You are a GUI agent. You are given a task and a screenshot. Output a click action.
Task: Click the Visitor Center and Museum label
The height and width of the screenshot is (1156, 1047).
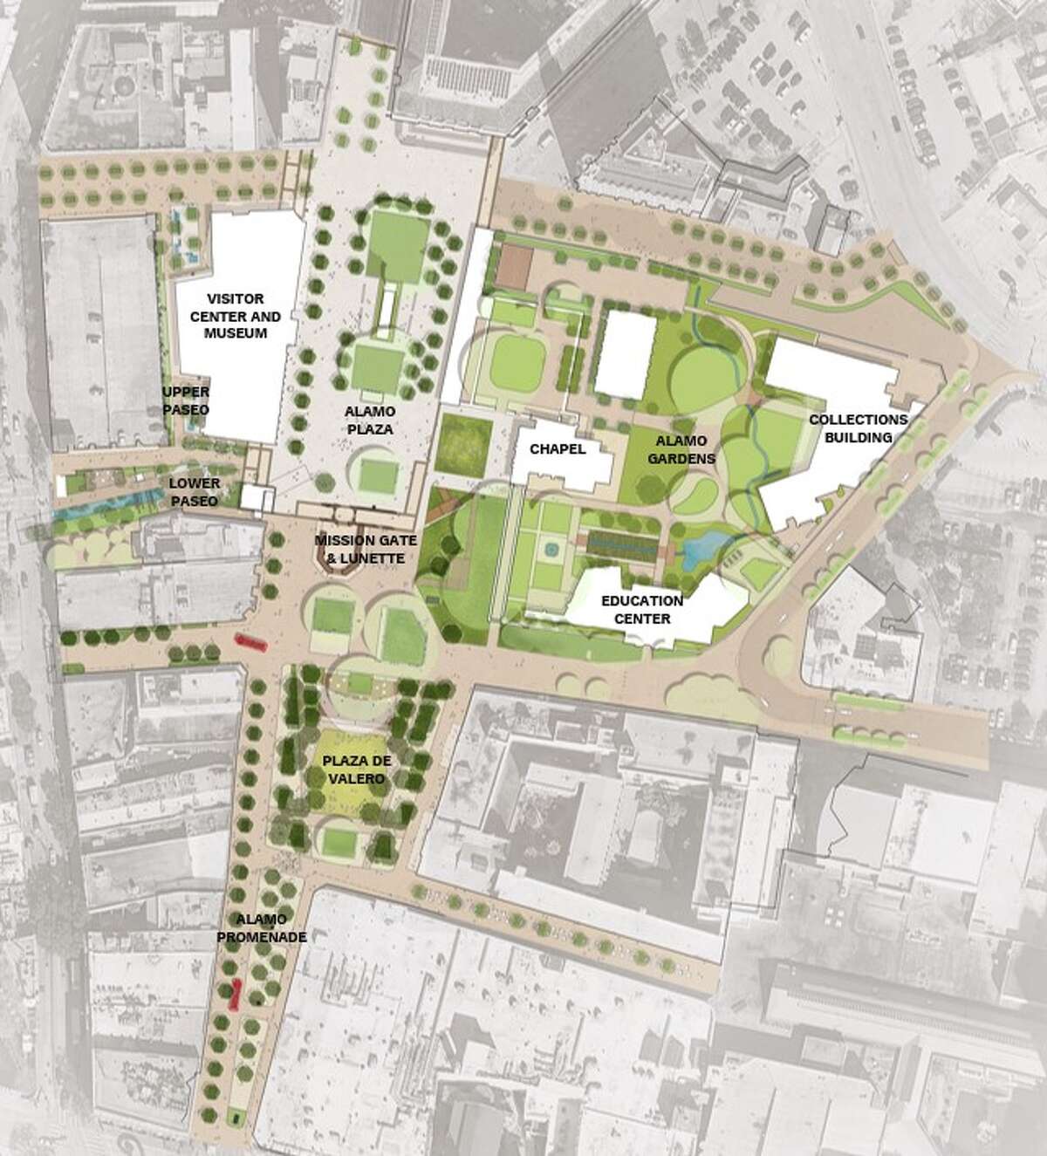[229, 315]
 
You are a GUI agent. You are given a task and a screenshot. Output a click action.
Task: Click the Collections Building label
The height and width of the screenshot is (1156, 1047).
[858, 428]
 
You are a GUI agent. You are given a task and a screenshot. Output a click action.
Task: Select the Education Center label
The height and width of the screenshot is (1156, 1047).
[641, 610]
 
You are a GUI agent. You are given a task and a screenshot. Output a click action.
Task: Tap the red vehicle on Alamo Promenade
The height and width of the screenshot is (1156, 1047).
[234, 994]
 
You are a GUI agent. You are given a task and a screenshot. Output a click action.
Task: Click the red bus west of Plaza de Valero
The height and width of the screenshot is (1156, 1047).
[250, 643]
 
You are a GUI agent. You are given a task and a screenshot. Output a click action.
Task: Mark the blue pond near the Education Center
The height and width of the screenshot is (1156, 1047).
[699, 551]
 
